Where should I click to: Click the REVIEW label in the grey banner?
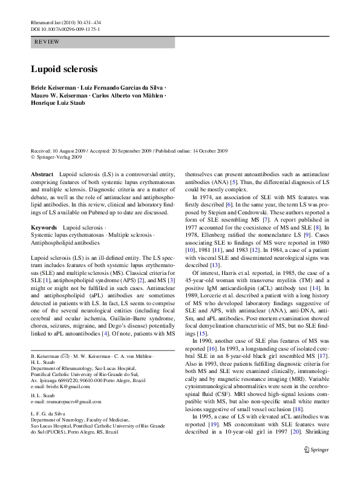coord(48,42)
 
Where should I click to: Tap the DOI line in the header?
coord(65,29)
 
